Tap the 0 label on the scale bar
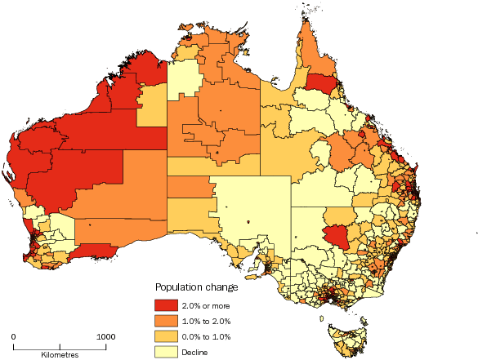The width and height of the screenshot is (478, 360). [14, 336]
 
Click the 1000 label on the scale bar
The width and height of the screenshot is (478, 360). [105, 336]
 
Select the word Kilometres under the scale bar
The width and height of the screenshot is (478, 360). [60, 355]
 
